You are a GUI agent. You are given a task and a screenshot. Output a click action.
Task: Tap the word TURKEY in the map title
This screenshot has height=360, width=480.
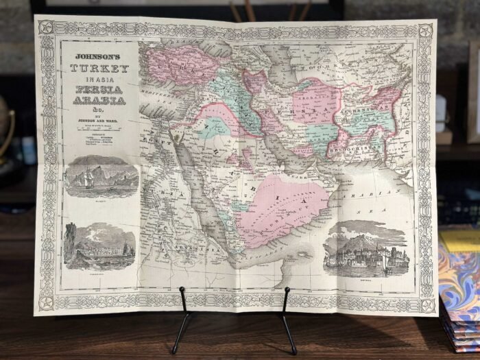99,69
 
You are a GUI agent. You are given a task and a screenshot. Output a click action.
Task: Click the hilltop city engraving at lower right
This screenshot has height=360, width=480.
366,250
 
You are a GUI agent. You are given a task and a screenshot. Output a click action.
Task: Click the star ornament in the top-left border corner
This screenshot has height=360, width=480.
47,27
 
